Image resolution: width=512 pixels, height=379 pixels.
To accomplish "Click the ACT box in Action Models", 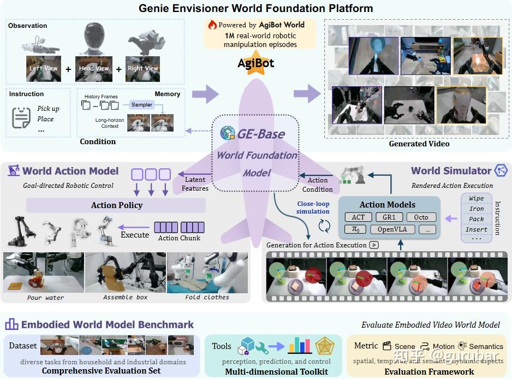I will [358, 217].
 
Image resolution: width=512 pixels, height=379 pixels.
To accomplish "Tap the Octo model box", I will [421, 217].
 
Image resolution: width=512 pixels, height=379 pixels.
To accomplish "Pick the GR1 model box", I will [389, 217].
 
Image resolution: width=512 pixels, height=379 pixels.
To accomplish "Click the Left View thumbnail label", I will [43, 69].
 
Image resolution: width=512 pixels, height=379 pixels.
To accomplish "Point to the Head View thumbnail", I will [94, 69].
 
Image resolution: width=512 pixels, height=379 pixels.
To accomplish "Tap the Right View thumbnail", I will [142, 69].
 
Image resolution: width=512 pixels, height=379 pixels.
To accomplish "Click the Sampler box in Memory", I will [142, 104].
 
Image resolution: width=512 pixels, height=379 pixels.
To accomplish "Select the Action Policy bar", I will [116, 205].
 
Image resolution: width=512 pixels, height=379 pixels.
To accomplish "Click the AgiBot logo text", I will [255, 63].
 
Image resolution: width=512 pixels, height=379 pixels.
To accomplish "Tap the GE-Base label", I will [260, 133].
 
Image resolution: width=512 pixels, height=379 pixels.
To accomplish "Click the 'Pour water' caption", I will [45, 298].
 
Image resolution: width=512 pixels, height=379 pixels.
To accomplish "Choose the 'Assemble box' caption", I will [126, 298].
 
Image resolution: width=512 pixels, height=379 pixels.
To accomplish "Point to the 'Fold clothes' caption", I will [208, 298].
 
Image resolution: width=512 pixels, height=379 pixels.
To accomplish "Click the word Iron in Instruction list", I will [476, 209].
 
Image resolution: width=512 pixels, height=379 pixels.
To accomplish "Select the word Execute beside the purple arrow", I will [135, 235].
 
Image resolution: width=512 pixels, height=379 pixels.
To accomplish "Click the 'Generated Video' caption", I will [419, 144].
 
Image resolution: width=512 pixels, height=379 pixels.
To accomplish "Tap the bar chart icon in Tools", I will [299, 345].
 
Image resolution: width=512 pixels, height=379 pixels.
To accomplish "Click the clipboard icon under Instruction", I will [21, 117].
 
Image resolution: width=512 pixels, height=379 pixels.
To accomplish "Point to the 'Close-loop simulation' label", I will [313, 208].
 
